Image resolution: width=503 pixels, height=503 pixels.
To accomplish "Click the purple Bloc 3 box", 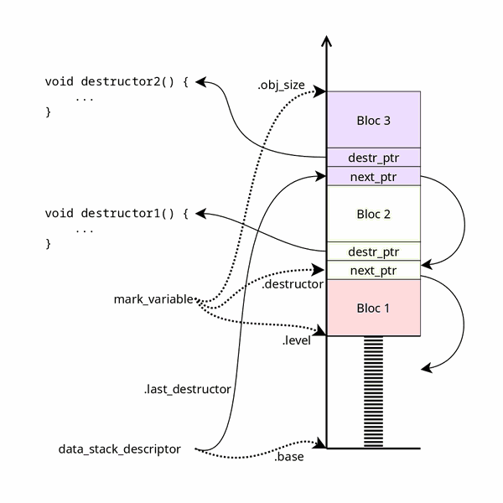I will [x=373, y=120].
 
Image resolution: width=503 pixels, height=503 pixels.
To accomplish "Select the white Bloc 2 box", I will [x=373, y=214].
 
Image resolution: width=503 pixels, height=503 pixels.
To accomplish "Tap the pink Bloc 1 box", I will [x=373, y=308].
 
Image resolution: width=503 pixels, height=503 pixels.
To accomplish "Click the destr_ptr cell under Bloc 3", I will [x=373, y=158].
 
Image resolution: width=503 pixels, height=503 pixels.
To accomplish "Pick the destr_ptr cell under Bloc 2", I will [x=373, y=251].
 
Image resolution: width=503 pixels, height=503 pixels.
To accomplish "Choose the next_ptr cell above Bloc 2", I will [x=373, y=177].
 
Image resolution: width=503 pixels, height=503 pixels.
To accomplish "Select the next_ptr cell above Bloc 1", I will [x=373, y=270].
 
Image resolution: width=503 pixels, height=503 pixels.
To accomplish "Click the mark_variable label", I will [x=153, y=299].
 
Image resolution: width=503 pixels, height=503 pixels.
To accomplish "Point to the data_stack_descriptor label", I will [x=120, y=449].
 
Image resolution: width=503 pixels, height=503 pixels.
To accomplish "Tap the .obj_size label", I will [x=281, y=86].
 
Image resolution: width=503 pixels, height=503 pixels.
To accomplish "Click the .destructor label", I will [x=293, y=285].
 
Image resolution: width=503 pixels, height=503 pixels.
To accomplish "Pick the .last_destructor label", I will [x=187, y=389].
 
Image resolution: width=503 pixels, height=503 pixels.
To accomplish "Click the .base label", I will [x=288, y=458].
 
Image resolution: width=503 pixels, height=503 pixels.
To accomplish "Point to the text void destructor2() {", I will [x=117, y=82].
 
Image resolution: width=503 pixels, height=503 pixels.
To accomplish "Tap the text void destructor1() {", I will [x=117, y=214].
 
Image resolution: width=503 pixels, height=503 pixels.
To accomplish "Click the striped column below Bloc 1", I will [x=373, y=392].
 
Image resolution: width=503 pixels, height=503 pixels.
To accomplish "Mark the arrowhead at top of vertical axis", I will [x=326, y=42].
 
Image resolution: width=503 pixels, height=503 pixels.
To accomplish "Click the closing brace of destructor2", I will [x=48, y=111].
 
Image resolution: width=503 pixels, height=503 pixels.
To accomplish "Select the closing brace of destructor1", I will [x=48, y=244].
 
